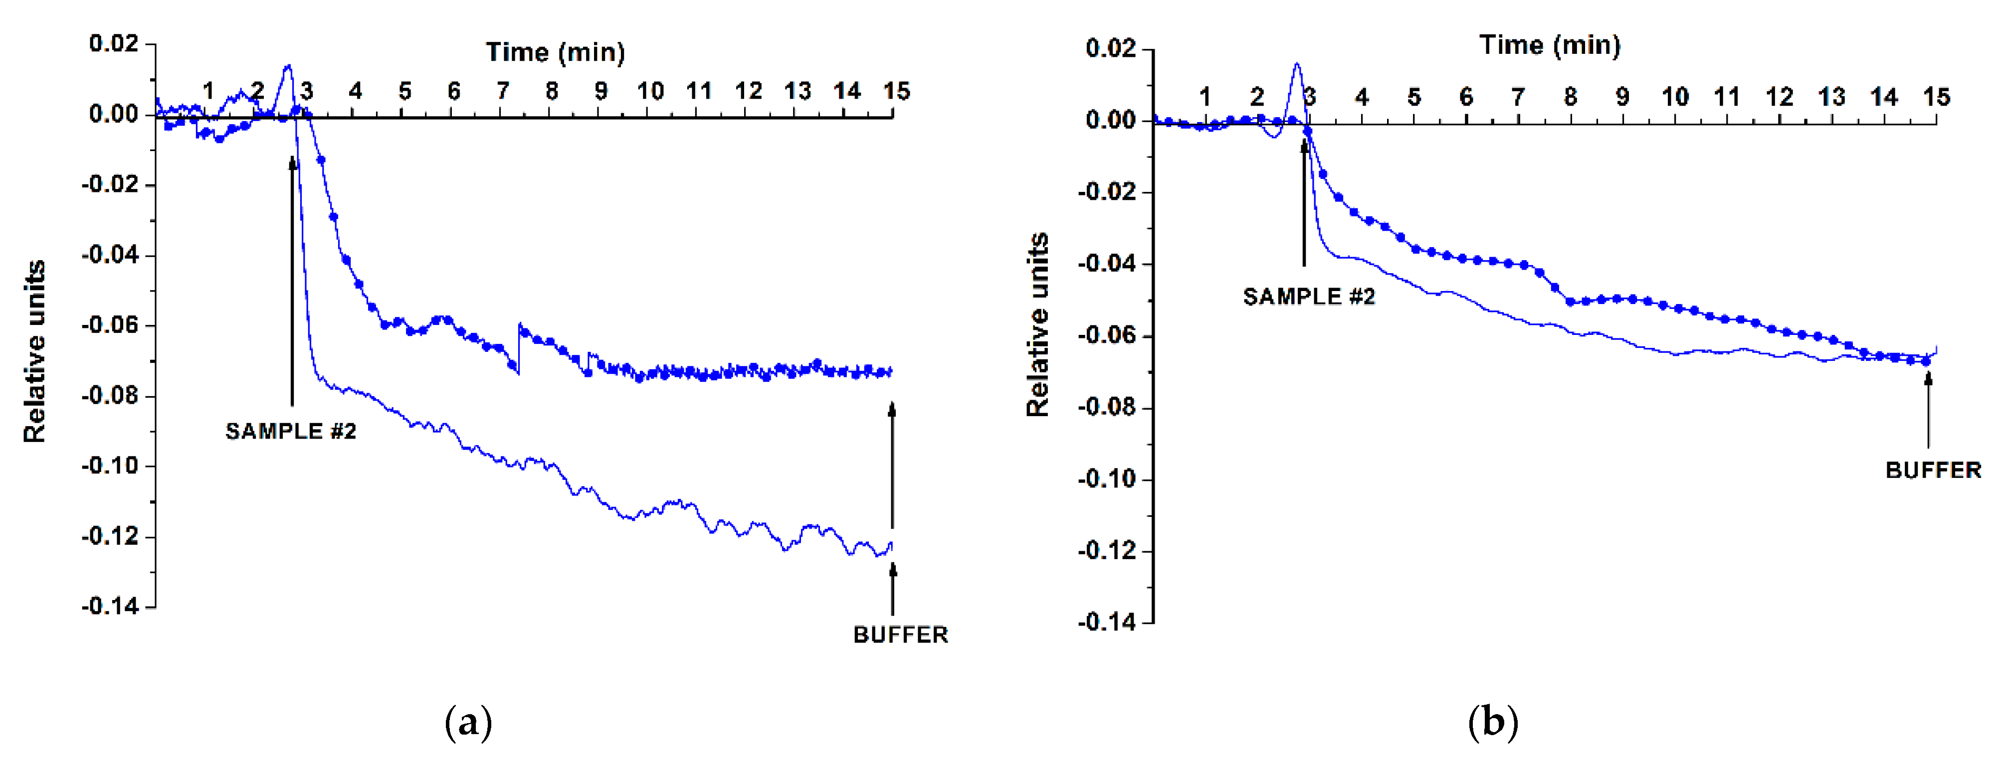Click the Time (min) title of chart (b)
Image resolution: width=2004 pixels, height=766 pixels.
(x=1549, y=45)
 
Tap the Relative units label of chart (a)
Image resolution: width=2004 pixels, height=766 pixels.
(x=35, y=351)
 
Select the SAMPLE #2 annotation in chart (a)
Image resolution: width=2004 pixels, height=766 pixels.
(x=291, y=431)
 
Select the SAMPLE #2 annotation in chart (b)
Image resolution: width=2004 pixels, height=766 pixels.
(x=1309, y=297)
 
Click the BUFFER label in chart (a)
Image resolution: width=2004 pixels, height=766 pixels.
(x=900, y=634)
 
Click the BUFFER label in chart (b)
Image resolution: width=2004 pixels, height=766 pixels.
(x=1933, y=469)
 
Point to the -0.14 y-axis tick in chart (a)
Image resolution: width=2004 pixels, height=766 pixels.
(x=110, y=606)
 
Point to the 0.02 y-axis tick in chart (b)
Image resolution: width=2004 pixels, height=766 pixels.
(x=1110, y=48)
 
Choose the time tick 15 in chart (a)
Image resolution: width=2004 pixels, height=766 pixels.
(x=896, y=92)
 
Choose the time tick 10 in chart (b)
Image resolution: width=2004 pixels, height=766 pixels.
(x=1675, y=97)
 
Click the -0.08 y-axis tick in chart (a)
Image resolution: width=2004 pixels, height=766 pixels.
(x=110, y=395)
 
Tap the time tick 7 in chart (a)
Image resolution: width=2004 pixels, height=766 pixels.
(x=503, y=92)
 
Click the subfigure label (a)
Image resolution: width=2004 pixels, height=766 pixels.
(x=468, y=723)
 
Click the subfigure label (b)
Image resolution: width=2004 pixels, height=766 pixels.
(x=1492, y=723)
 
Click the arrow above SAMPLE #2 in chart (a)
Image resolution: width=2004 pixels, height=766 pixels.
(x=292, y=280)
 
